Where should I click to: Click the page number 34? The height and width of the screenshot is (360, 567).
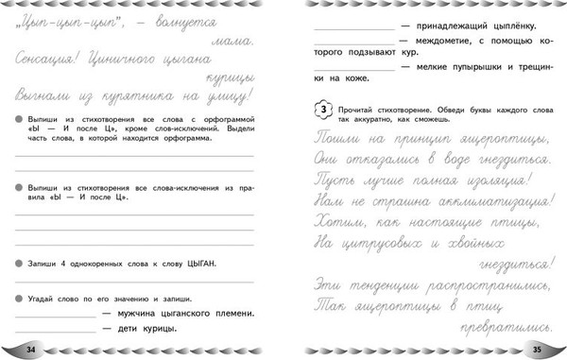click(x=31, y=350)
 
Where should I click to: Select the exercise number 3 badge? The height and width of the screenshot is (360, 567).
click(x=321, y=110)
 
